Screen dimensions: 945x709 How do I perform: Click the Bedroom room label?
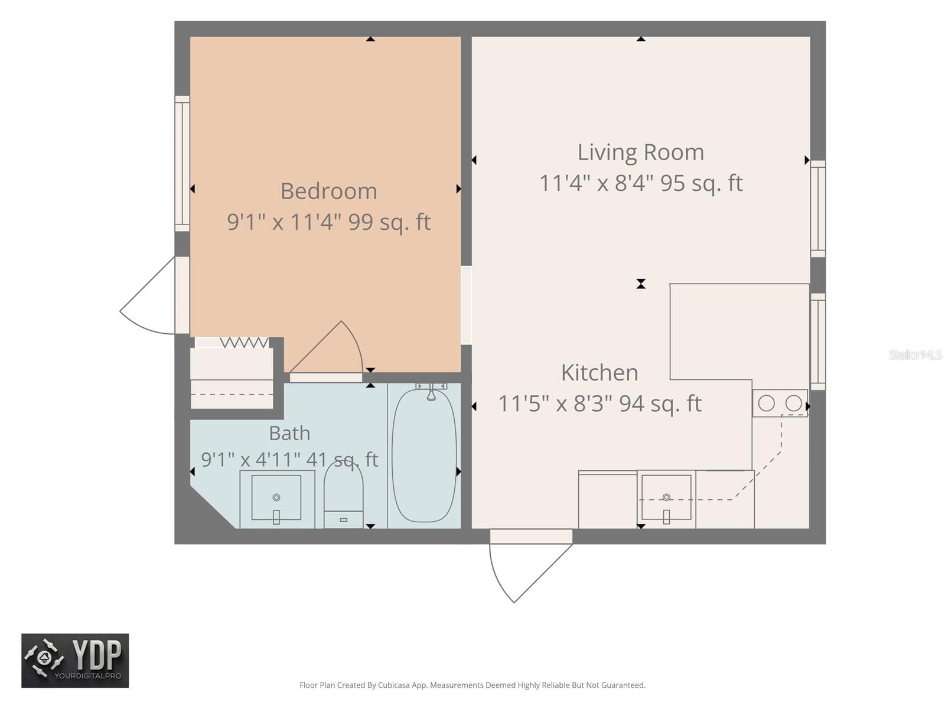tap(328, 191)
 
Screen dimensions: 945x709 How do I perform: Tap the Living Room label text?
tap(640, 152)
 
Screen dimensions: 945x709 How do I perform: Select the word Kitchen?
tap(599, 372)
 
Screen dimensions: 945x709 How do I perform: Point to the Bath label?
tap(289, 433)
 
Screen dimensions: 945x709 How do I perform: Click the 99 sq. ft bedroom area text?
tap(389, 222)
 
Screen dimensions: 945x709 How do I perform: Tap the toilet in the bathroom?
tap(343, 496)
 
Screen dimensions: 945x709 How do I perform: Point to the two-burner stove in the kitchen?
tap(780, 404)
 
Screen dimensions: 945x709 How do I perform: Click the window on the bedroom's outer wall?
tap(182, 164)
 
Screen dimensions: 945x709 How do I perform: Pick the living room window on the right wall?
tap(818, 209)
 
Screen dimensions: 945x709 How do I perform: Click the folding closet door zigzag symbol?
tap(244, 343)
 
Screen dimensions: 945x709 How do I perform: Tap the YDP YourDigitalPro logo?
tap(75, 661)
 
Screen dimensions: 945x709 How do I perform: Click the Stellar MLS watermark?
tap(915, 354)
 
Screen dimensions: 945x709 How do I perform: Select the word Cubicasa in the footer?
tap(394, 685)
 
